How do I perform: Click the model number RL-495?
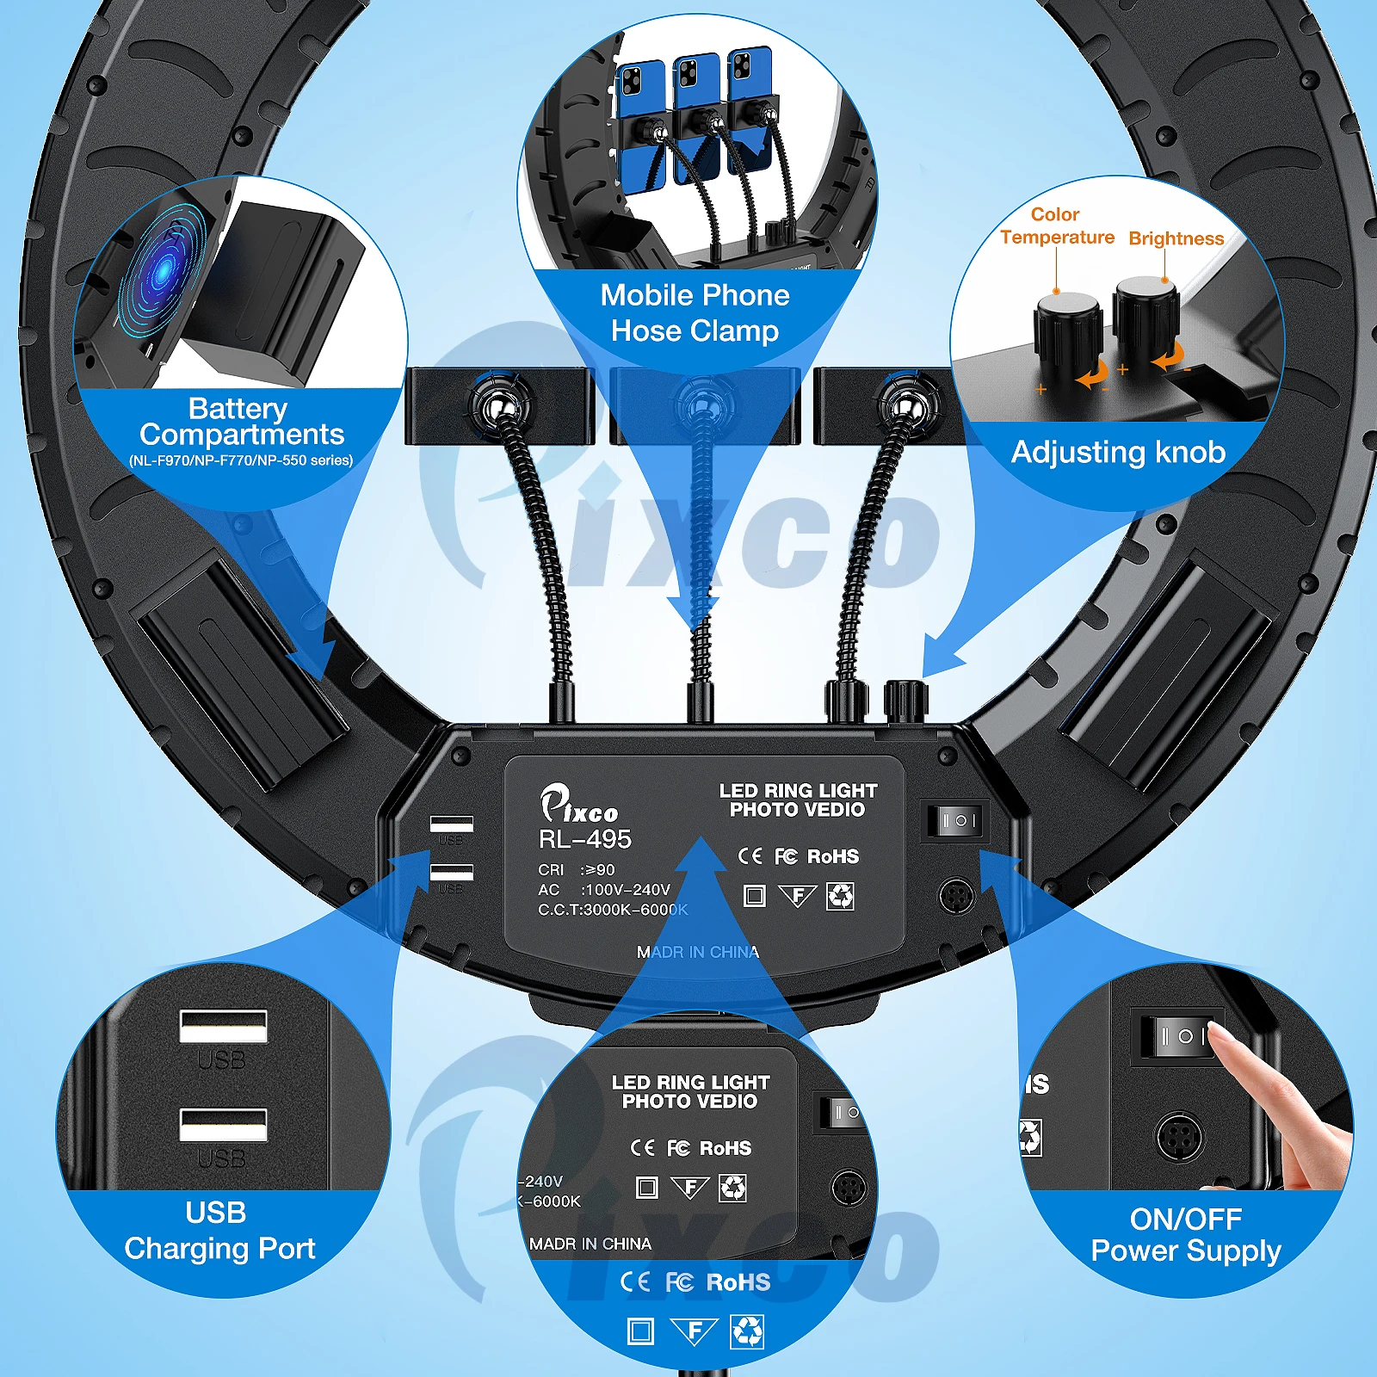click(585, 839)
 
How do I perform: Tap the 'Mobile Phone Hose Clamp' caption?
click(695, 313)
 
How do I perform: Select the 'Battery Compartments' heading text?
click(241, 421)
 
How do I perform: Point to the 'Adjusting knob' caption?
click(1118, 452)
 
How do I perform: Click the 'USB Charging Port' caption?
click(219, 1231)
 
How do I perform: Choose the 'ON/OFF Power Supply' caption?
click(1185, 1235)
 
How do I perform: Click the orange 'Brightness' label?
click(1176, 238)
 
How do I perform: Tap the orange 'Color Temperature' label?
click(1056, 225)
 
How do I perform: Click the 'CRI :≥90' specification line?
click(577, 870)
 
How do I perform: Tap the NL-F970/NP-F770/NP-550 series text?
click(241, 460)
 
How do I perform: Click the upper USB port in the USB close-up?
click(223, 1027)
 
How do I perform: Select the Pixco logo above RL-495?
click(578, 806)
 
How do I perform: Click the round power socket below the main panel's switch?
click(956, 897)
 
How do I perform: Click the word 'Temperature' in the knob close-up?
click(1057, 238)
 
